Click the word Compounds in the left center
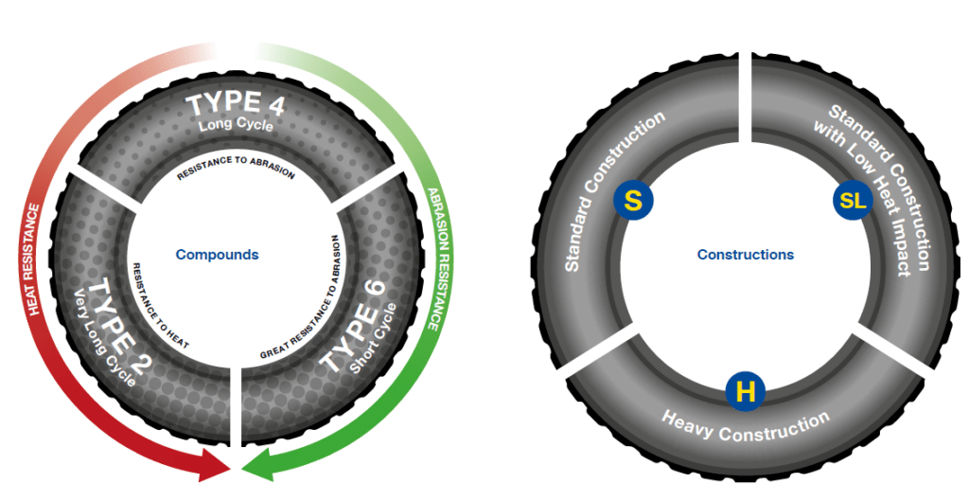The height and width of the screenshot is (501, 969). (217, 255)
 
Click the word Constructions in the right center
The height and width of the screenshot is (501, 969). (745, 255)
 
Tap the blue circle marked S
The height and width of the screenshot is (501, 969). (633, 201)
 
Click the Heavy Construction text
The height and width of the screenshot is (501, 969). (745, 427)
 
